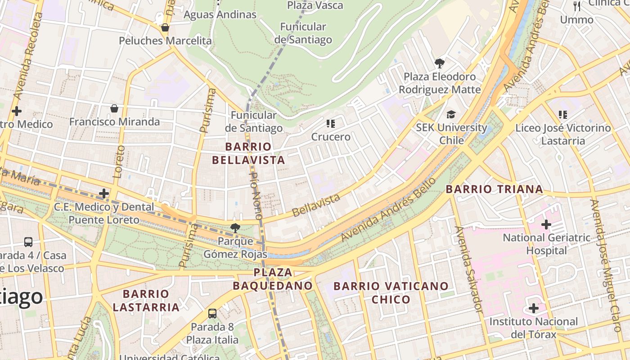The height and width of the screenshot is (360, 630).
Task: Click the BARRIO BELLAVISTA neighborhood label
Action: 248,153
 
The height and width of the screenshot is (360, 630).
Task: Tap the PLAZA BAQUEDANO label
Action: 273,279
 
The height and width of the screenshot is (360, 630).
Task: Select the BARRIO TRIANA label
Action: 494,189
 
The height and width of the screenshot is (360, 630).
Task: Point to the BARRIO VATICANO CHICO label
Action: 391,292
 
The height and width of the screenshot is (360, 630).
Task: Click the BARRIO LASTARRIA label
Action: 146,301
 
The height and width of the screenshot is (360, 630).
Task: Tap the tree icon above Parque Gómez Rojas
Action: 235,228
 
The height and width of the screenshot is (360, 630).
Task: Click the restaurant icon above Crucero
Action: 331,123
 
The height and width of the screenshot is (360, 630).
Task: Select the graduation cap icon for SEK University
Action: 451,114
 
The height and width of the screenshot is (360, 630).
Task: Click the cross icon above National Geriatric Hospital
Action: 546,224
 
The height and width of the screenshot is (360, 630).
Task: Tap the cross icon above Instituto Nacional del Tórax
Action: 534,308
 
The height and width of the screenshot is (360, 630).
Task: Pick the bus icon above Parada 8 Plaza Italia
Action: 212,313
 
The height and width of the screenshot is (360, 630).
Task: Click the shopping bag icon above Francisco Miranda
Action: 114,108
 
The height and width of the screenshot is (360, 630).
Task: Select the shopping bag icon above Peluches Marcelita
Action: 165,27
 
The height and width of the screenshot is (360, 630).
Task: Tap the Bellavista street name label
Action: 316,205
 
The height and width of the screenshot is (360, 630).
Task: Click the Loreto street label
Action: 119,162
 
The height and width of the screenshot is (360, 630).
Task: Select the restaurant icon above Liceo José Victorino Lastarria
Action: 562,115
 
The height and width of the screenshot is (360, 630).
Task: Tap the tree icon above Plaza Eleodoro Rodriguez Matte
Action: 440,63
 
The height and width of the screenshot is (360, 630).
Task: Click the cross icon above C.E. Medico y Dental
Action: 104,193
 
